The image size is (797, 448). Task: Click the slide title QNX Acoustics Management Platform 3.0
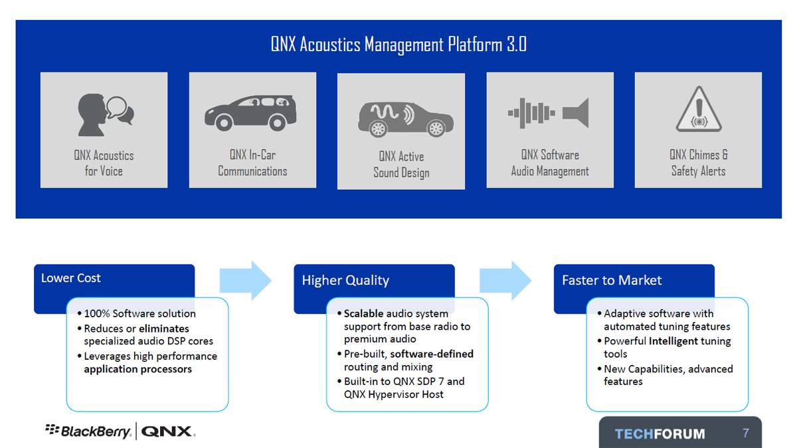(x=398, y=45)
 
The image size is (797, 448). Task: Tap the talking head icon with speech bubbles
(x=106, y=114)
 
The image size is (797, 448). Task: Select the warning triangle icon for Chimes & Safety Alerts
(x=699, y=109)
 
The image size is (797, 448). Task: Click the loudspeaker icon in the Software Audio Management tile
(x=576, y=113)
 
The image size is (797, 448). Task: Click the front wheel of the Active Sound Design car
(x=436, y=128)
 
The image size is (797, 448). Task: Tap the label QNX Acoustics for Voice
(x=104, y=163)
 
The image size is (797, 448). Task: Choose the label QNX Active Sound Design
(x=401, y=165)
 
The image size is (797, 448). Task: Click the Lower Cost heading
(x=71, y=278)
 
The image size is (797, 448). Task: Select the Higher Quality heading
(x=345, y=281)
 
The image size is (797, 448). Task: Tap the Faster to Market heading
(x=612, y=280)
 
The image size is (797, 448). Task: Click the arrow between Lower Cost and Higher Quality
(x=246, y=281)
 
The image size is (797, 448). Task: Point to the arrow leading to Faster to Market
(x=505, y=281)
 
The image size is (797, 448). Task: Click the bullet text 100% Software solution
(x=140, y=313)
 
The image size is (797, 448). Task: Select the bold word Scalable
(x=363, y=313)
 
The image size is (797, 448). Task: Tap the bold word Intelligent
(x=673, y=341)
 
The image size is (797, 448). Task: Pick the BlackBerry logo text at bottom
(x=88, y=431)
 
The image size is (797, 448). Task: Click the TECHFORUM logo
(x=660, y=434)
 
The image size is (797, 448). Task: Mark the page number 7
(x=746, y=433)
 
